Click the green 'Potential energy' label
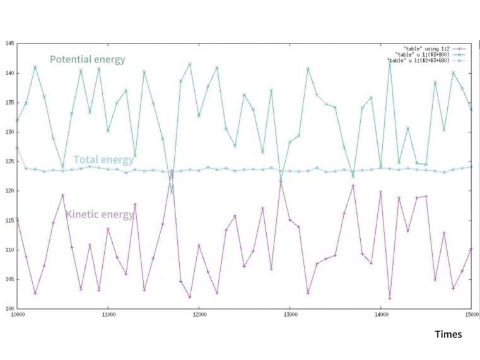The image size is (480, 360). pyautogui.click(x=88, y=60)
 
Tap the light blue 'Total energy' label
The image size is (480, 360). pyautogui.click(x=103, y=160)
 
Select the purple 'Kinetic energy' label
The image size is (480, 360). pyautogui.click(x=100, y=215)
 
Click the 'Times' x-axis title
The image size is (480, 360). pyautogui.click(x=448, y=334)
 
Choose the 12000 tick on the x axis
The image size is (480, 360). pyautogui.click(x=199, y=315)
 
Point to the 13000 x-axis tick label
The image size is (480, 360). pyautogui.click(x=290, y=315)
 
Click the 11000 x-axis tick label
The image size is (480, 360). pyautogui.click(x=108, y=315)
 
